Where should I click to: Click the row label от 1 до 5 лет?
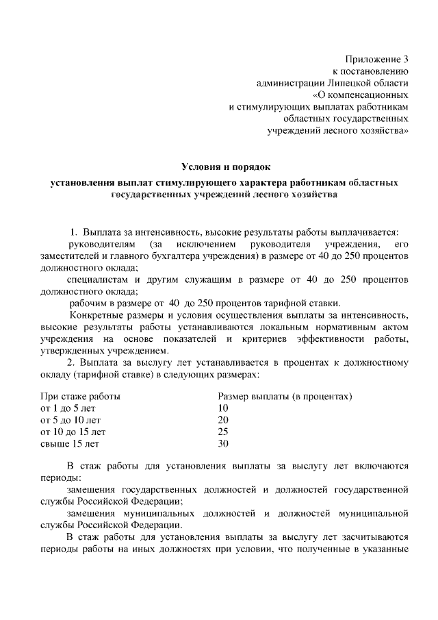point(68,408)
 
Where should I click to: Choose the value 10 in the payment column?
point(222,408)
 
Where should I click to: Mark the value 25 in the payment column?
point(222,432)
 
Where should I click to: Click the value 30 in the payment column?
point(222,444)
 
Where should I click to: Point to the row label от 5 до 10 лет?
point(70,420)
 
